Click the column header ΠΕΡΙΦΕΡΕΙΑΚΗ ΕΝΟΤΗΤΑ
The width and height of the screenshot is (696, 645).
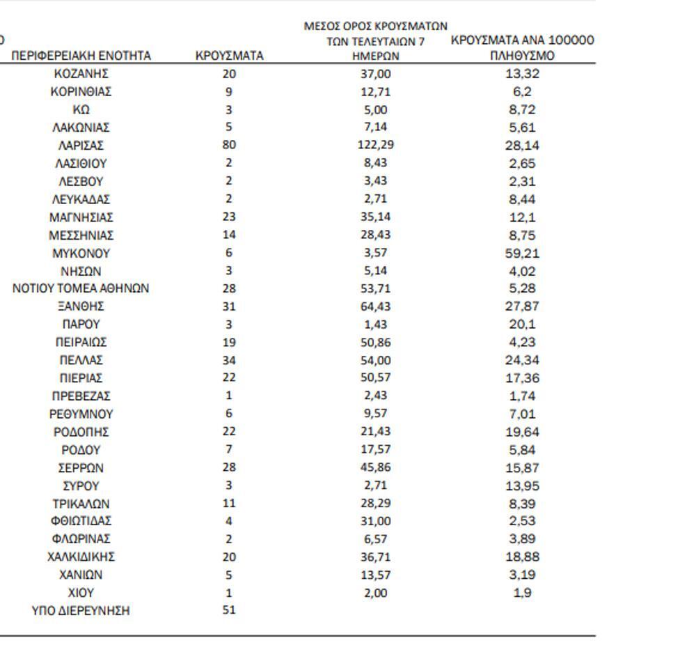click(x=81, y=56)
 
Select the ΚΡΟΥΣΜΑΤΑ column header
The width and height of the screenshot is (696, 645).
click(x=230, y=56)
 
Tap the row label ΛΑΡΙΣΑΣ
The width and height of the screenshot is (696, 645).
click(x=81, y=146)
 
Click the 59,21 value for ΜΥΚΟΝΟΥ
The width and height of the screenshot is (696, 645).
click(x=522, y=254)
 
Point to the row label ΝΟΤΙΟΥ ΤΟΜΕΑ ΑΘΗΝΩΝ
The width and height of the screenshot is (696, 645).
click(x=81, y=288)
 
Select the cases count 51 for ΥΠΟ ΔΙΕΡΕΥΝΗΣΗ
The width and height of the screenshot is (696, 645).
click(x=229, y=610)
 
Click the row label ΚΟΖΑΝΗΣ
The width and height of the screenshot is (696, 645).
click(x=81, y=73)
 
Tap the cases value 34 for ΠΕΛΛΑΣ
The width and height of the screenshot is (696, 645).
click(x=229, y=360)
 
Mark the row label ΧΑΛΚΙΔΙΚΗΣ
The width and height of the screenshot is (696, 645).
click(x=81, y=557)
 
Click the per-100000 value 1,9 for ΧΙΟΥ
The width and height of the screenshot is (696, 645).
click(x=522, y=593)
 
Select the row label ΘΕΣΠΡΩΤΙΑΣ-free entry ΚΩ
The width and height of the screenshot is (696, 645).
click(x=81, y=109)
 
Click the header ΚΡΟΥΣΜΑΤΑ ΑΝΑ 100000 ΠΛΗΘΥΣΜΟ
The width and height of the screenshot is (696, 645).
click(x=522, y=47)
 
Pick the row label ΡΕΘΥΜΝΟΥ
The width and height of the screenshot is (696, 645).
click(x=81, y=414)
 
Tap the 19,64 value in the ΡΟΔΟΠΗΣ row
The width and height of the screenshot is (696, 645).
click(x=522, y=432)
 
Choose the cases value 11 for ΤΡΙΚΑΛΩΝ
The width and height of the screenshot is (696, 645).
click(x=229, y=503)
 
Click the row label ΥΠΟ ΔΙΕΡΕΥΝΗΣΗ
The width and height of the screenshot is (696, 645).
click(x=81, y=611)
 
